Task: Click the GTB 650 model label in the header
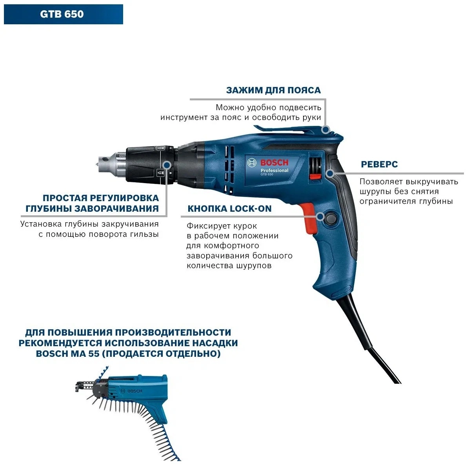[x=62, y=15]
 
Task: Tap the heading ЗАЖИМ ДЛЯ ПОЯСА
[x=273, y=90]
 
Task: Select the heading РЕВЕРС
[x=379, y=165]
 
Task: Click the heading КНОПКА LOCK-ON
[x=229, y=209]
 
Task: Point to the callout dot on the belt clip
[x=325, y=130]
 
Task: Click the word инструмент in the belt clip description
[x=181, y=118]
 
